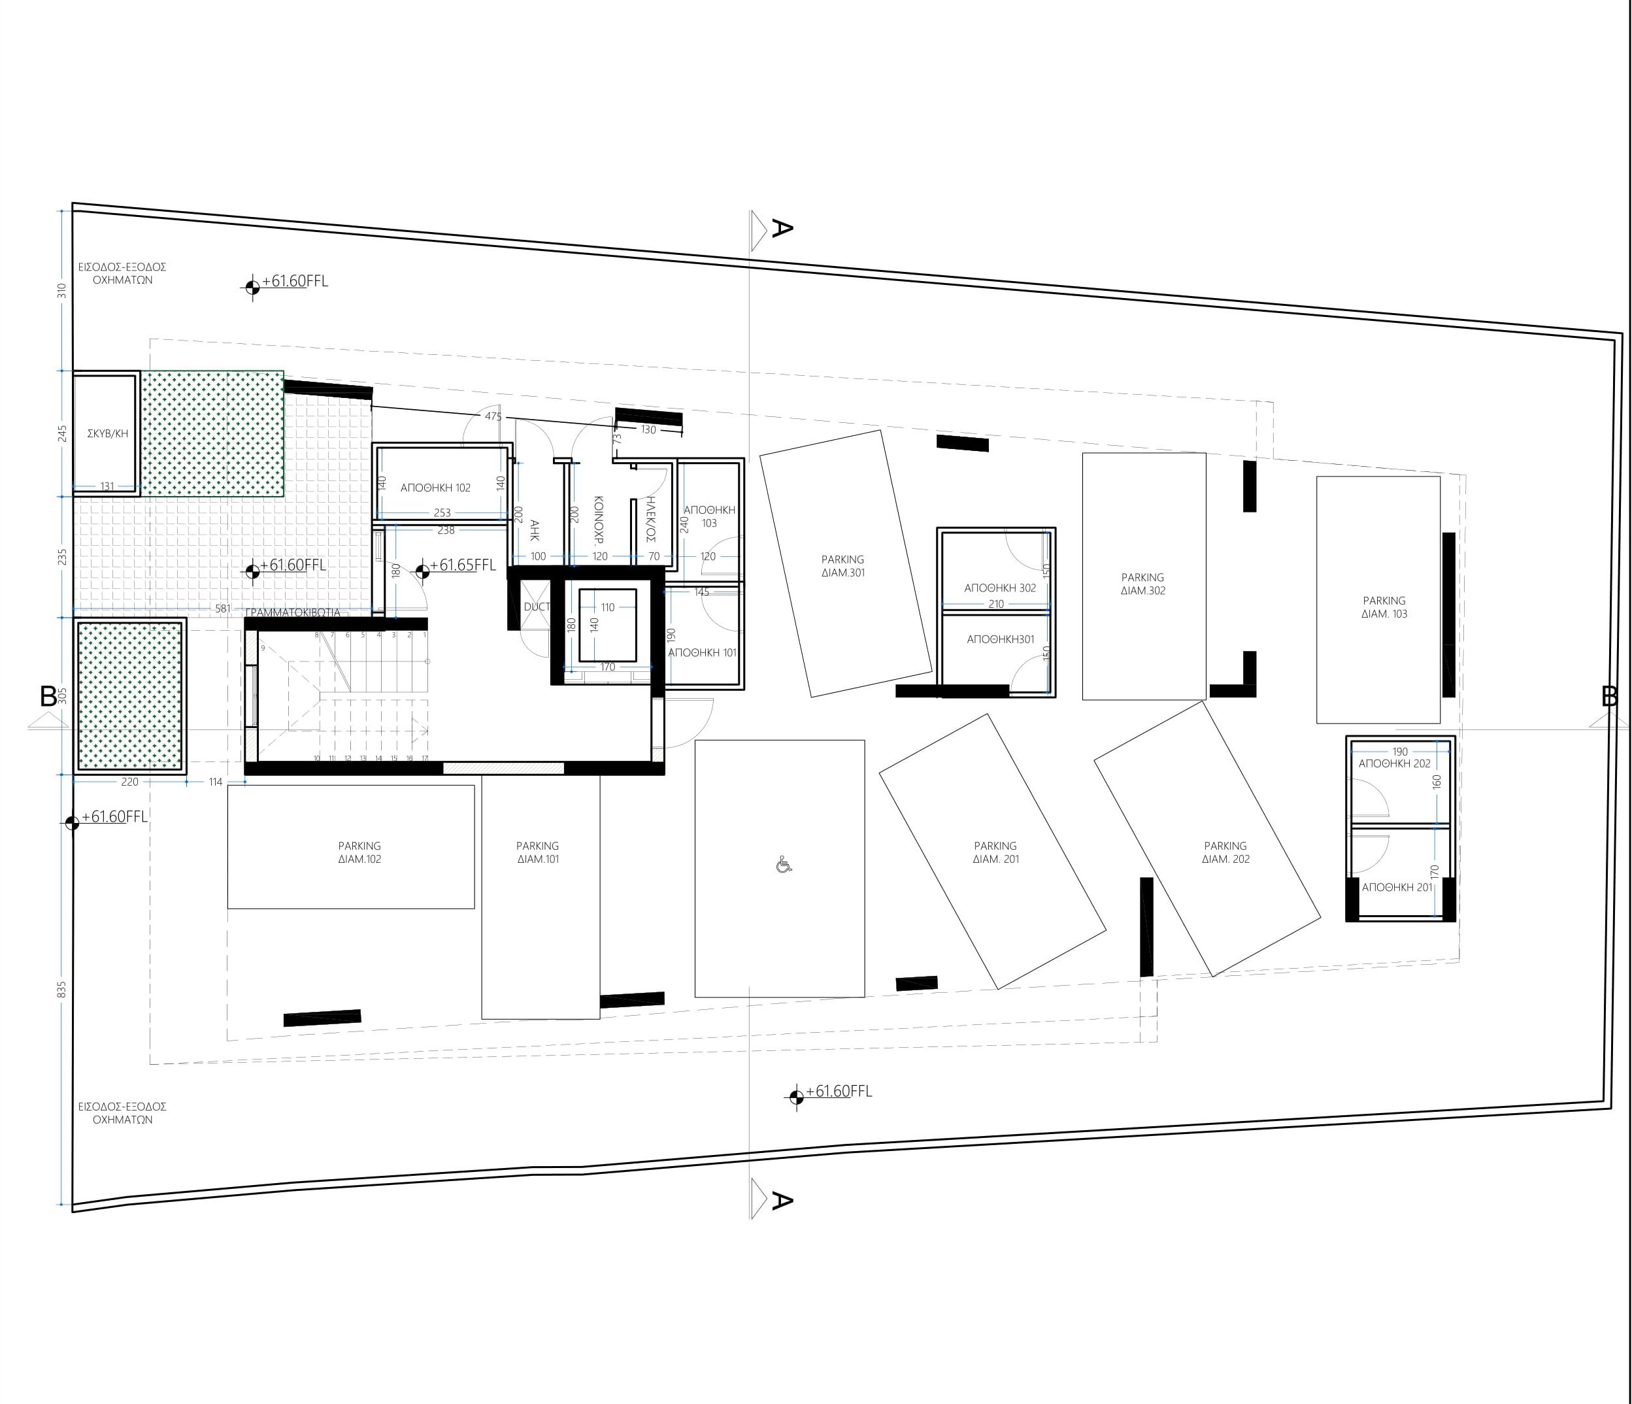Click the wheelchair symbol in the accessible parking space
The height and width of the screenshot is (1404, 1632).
(x=783, y=865)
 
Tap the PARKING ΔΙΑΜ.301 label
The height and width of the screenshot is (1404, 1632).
(x=842, y=565)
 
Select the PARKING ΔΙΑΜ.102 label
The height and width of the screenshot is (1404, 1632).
(x=359, y=852)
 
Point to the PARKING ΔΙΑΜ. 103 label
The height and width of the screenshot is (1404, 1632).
(x=1384, y=607)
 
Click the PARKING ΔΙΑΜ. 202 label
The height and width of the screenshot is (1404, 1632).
(x=1225, y=852)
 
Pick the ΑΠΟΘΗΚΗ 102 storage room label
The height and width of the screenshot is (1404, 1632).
(x=435, y=488)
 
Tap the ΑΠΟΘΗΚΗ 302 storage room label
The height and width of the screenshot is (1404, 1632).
(x=999, y=588)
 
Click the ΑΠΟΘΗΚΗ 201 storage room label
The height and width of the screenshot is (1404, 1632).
(x=1397, y=887)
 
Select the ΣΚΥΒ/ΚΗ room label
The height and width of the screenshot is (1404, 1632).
(x=107, y=433)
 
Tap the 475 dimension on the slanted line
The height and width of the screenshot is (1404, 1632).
(x=493, y=416)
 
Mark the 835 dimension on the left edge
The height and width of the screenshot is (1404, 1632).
(x=62, y=990)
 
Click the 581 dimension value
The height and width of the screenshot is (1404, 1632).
(x=223, y=609)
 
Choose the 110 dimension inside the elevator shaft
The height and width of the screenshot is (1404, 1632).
(x=607, y=607)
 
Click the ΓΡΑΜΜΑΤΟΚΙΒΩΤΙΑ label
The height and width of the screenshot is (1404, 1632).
(x=293, y=612)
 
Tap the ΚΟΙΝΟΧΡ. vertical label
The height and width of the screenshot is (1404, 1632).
(x=598, y=521)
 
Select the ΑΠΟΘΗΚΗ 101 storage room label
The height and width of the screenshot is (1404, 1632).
(x=702, y=652)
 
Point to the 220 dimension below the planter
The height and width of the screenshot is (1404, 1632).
(x=129, y=782)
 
